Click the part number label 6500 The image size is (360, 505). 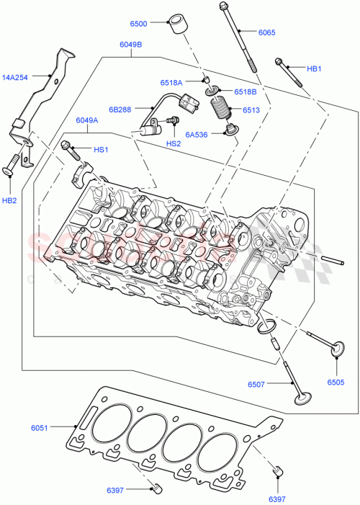click(138, 24)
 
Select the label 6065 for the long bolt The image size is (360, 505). click(266, 32)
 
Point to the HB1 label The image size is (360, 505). click(315, 69)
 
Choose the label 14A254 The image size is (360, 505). click(15, 77)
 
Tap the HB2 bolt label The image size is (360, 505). click(10, 199)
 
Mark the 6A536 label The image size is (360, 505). click(196, 134)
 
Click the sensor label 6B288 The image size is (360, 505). click(120, 110)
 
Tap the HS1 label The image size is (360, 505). click(101, 150)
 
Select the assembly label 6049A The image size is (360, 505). click(87, 121)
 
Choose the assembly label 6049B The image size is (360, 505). click(130, 45)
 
